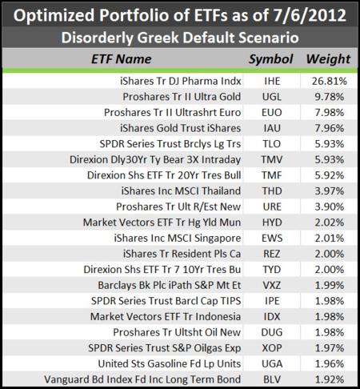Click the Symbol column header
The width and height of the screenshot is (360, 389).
coord(271,59)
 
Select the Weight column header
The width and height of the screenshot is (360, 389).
coord(328,59)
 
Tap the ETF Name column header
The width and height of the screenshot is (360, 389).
coord(122,59)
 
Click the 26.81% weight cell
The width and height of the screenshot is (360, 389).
coord(330,81)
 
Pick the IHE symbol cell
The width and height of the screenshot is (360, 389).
coord(272,81)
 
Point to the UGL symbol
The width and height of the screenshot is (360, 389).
coord(272,97)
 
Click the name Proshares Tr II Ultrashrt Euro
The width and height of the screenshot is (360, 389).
coord(172,112)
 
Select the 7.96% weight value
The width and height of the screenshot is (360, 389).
coord(330,128)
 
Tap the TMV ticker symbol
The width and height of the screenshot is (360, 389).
coord(272,159)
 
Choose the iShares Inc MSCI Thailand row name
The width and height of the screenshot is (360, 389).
coord(181,191)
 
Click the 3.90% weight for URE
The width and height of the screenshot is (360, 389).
coord(330,207)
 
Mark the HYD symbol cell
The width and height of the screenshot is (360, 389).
coord(272,223)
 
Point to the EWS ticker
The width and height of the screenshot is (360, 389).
coord(272,238)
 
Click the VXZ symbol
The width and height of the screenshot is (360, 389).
coord(272,285)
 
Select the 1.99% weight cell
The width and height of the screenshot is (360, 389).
coord(330,285)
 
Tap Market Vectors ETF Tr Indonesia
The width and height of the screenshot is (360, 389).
coord(166,317)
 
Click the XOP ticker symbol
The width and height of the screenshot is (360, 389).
coord(272,348)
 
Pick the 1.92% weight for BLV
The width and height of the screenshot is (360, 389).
coord(330,379)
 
